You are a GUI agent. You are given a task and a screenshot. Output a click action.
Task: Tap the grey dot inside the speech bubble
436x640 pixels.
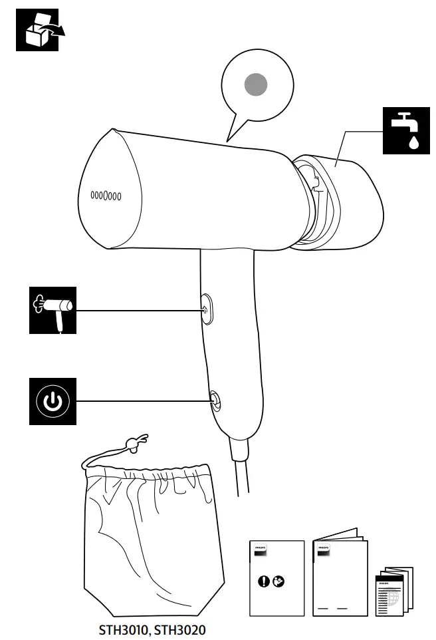click(x=256, y=84)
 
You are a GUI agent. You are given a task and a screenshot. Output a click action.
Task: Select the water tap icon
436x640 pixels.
click(x=405, y=130)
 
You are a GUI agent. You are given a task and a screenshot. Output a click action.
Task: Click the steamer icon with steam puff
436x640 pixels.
click(x=53, y=310)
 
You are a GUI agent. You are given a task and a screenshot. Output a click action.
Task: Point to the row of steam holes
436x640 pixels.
click(x=106, y=196)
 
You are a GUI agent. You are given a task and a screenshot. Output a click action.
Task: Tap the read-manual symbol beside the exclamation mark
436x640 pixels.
click(x=278, y=581)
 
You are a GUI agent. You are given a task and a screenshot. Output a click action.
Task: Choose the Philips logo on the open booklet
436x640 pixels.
click(x=323, y=552)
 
